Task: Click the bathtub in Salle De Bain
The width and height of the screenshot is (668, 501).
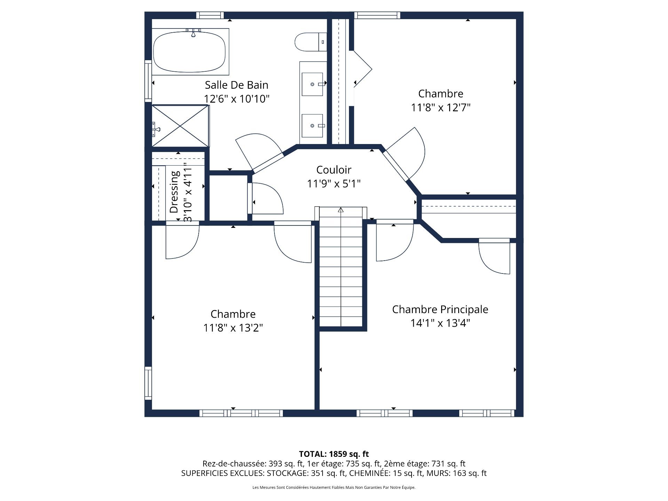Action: (190, 52)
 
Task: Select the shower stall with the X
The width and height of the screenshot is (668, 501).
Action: (180, 126)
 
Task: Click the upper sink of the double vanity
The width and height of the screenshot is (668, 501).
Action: (312, 84)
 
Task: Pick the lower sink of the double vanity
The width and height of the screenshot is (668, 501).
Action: (312, 125)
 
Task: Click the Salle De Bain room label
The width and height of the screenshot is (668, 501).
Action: (236, 85)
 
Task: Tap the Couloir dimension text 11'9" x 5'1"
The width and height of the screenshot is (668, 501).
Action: (333, 183)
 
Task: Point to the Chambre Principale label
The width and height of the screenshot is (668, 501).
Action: (440, 309)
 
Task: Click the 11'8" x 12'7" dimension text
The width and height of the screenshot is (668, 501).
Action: (440, 108)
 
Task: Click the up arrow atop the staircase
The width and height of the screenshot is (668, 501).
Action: (341, 210)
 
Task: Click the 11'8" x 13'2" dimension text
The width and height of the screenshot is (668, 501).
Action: (233, 328)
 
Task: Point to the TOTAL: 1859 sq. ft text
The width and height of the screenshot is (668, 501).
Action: (334, 454)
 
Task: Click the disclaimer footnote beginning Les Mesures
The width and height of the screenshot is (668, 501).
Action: (334, 487)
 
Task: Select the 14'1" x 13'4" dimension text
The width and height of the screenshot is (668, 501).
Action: (440, 323)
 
